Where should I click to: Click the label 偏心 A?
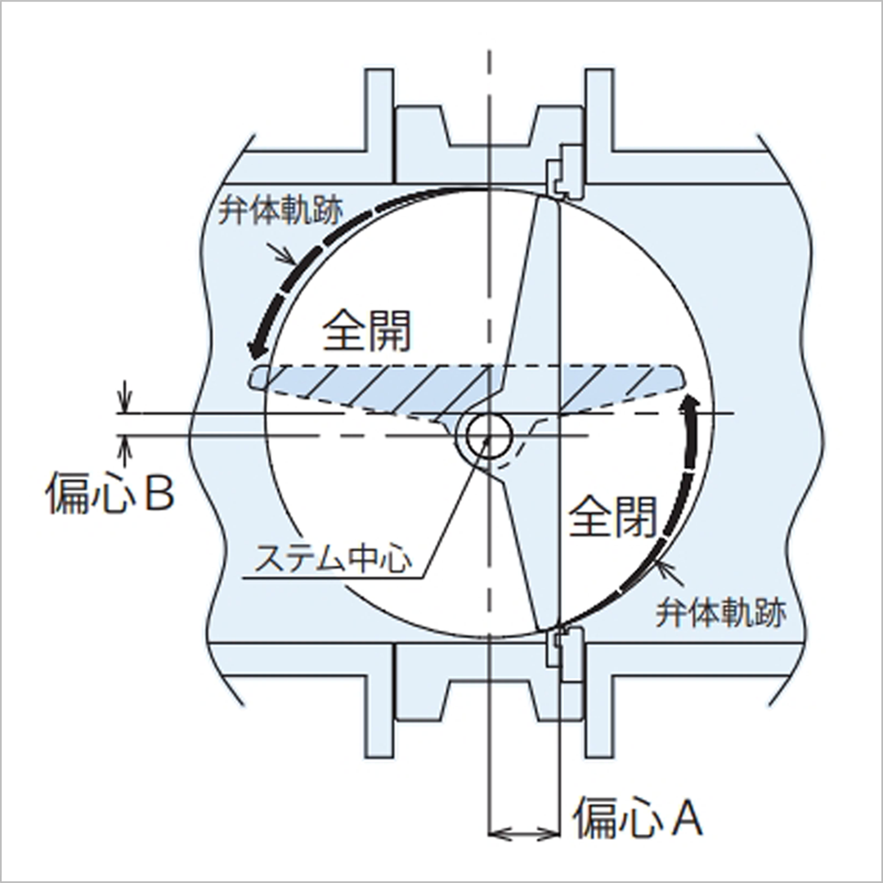(638, 817)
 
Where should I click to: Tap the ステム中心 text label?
(333, 558)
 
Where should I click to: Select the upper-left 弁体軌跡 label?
(280, 211)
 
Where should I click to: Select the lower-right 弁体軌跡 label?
(721, 612)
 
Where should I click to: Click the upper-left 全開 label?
(366, 330)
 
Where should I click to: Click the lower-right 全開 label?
(612, 515)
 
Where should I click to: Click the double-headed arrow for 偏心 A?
(524, 833)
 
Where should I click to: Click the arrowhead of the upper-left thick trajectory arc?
(256, 349)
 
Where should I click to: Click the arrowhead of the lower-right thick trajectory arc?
(691, 402)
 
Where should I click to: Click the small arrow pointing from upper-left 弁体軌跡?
(283, 253)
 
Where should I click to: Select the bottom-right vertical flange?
(599, 715)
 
